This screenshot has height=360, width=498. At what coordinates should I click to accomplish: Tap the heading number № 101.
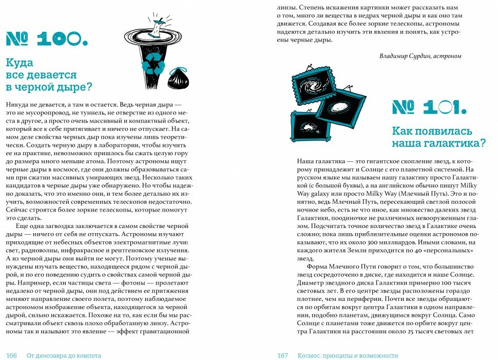[429, 107]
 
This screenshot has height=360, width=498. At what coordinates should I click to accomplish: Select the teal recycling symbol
[154, 66]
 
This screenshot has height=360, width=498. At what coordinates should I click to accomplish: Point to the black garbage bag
[178, 79]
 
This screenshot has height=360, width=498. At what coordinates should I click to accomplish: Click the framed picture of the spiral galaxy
[313, 84]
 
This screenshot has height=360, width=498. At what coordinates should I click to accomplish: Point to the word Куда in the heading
[19, 63]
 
